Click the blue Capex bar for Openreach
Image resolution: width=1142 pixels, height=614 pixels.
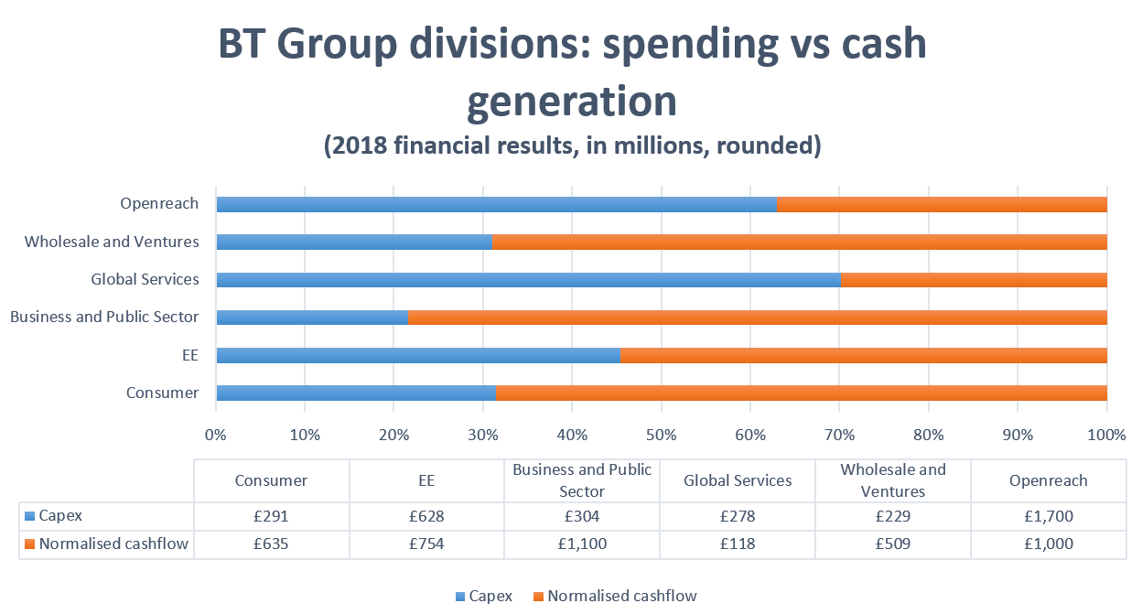pos(496,204)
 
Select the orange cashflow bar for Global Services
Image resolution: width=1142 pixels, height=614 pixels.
pos(974,280)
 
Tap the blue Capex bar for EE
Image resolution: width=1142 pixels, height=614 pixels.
pos(417,356)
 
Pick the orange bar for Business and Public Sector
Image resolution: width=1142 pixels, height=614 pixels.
pos(757,318)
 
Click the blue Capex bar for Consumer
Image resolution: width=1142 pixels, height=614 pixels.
pos(355,393)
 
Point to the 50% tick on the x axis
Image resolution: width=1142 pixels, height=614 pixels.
pos(661,435)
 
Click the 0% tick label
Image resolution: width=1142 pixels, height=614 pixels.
pos(216,435)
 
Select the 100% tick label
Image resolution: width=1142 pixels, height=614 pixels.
pos(1106,435)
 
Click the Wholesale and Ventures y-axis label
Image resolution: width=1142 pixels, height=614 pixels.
pos(112,242)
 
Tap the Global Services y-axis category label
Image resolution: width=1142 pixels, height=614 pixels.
pos(145,279)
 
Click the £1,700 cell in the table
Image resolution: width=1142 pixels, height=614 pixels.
pos(1048,516)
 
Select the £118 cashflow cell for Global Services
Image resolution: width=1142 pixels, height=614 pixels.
pos(738,544)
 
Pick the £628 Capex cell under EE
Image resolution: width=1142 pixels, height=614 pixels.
pos(426,516)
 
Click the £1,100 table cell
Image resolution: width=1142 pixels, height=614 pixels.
pos(582,544)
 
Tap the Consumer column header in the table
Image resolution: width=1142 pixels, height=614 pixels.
pos(271,480)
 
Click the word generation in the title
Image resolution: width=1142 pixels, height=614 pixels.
pos(572,101)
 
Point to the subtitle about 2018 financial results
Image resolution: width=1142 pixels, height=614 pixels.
pos(572,146)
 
